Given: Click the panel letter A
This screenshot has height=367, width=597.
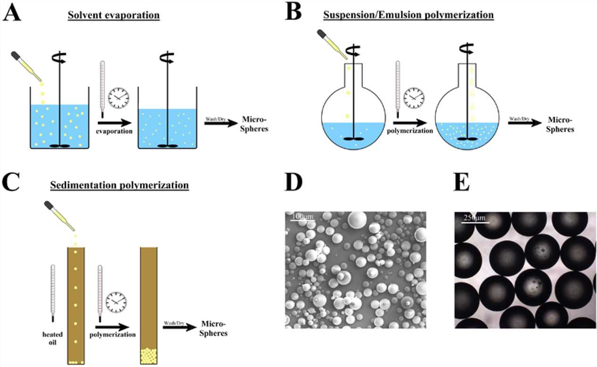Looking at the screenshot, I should pos(12,13).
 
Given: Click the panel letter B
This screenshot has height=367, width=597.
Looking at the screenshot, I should pos(294,13).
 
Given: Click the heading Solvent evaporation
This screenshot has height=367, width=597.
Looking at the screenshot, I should pos(114,15).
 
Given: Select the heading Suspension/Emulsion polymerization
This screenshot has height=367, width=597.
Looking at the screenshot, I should pos(408,15).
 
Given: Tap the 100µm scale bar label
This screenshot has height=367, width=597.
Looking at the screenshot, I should pos(302,216).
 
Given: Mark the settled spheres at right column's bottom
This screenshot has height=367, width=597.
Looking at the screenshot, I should pos(151,356).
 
